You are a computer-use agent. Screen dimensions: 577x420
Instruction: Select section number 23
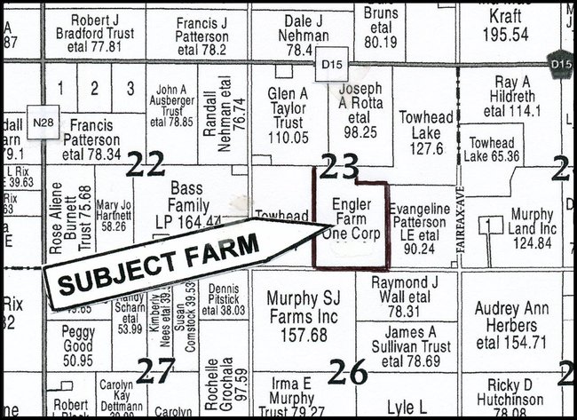tap(340, 165)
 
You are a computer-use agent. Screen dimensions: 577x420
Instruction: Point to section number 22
tap(146, 163)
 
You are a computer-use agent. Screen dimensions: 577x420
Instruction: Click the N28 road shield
tap(39, 119)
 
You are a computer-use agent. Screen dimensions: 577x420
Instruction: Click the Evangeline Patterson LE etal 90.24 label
tap(422, 227)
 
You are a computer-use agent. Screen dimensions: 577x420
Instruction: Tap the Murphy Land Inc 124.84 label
tap(533, 228)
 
